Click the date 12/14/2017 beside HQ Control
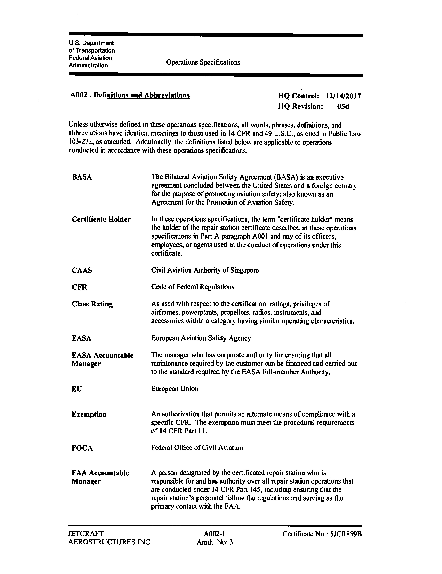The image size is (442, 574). tap(343, 96)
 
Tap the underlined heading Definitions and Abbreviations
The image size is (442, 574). tap(141, 95)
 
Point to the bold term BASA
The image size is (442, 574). tap(82, 177)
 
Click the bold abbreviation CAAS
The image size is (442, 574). tap(82, 270)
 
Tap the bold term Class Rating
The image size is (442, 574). tap(92, 304)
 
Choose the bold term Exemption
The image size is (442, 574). tap(89, 414)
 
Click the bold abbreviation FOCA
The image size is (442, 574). tap(82, 448)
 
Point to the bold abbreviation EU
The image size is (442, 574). tap(77, 389)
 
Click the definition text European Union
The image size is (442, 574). tap(175, 389)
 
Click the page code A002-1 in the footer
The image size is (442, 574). tap(214, 533)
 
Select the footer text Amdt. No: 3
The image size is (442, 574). tap(215, 542)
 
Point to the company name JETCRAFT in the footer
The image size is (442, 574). tap(86, 533)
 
